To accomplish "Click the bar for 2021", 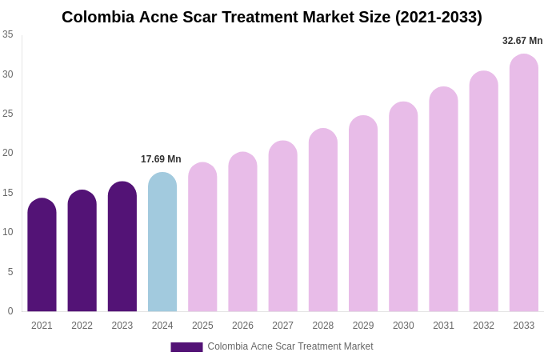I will [x=42, y=256].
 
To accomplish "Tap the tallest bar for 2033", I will [x=524, y=184].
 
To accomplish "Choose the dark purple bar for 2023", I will [x=122, y=247].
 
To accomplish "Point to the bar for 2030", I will [x=403, y=207].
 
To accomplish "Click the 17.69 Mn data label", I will [x=161, y=159].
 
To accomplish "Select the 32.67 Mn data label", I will [x=522, y=41].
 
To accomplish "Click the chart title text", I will [x=272, y=17].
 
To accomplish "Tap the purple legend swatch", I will [x=186, y=347].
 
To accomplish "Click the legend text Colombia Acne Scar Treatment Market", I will [x=290, y=346].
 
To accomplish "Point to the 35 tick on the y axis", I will [x=8, y=34].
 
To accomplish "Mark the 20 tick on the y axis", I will [x=8, y=153].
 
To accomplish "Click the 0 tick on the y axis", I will [x=10, y=311].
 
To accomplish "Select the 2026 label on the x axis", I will [x=242, y=326].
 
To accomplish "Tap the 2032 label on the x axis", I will [x=483, y=326].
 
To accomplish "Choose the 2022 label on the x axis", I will [x=82, y=326].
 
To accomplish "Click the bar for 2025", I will [x=202, y=238].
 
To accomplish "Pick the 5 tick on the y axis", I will [x=10, y=272].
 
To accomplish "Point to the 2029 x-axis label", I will [x=363, y=326].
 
